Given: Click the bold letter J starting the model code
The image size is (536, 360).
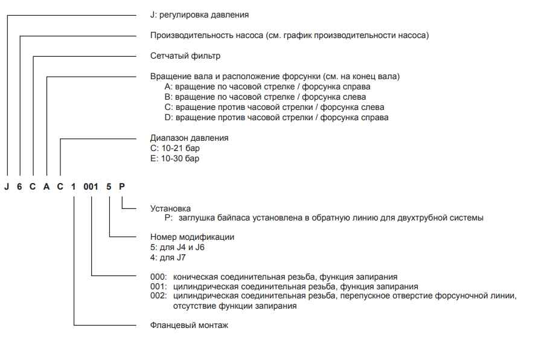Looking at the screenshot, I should coord(7,186).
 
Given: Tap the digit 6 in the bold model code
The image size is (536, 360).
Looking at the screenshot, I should coord(20,186).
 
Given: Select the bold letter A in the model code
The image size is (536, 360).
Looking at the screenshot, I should coord(46,186).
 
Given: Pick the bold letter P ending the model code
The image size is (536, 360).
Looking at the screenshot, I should coord(122,186).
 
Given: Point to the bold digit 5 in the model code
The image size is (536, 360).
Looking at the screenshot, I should coord(109,186).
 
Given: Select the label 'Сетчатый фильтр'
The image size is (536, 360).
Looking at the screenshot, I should coord(185,56).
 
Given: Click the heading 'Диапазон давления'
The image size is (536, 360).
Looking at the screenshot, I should coord(189,138).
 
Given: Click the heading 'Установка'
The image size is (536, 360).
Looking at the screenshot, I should coord(170,208).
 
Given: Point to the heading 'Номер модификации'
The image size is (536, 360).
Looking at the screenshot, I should coord(192,237).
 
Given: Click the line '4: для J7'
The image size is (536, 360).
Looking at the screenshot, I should coord(168,257).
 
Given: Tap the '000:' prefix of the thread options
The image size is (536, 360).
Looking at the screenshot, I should coord(159,277).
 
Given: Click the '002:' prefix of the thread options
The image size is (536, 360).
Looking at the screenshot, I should coord(159,296).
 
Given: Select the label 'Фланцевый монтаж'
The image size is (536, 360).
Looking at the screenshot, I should coord(189,325).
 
